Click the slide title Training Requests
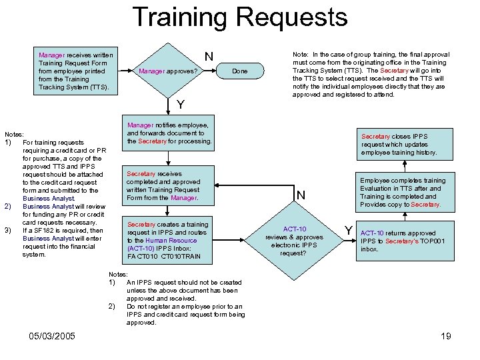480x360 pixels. tap(240, 17)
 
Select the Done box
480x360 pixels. tap(240, 71)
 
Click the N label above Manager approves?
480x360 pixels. tap(209, 57)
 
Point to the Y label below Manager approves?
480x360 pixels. tap(181, 105)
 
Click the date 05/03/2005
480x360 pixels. tap(53, 335)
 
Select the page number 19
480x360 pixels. tap(446, 336)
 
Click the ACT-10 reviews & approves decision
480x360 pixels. tap(294, 241)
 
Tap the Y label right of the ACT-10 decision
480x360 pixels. tap(347, 231)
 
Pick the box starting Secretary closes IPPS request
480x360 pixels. tap(399, 144)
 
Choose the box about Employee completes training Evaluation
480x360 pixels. tap(403, 192)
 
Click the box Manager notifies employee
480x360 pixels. tap(169, 133)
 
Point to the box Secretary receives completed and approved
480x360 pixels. tap(163, 185)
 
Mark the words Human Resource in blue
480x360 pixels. tap(171, 241)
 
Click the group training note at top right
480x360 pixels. tap(371, 74)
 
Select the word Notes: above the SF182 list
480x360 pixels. tap(14, 134)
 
